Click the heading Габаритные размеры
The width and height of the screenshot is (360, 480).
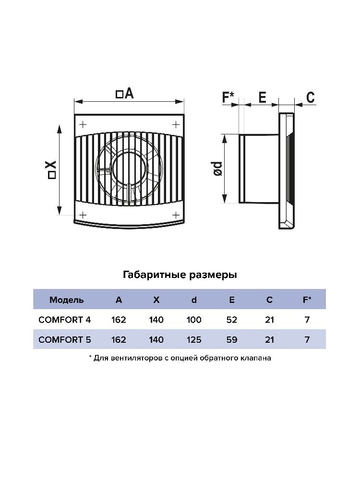[x=180, y=275]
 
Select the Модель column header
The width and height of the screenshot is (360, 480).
[x=67, y=300]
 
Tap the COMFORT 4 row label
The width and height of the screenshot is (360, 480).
[x=64, y=320]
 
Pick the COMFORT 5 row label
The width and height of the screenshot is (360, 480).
[x=64, y=340]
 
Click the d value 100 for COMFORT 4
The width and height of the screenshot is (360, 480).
[x=194, y=320]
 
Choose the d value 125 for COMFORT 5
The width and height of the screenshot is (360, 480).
[x=194, y=340]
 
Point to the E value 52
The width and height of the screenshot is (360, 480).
[x=231, y=320]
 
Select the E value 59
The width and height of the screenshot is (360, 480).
[x=231, y=340]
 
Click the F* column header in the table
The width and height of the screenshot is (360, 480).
[x=307, y=300]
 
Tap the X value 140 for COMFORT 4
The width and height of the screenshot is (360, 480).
[x=156, y=320]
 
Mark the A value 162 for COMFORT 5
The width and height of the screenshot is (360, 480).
[x=119, y=340]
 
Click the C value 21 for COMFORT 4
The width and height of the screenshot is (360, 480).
[x=269, y=320]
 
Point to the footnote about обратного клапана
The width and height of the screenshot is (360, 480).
[x=180, y=358]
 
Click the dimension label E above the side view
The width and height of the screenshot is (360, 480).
[x=262, y=97]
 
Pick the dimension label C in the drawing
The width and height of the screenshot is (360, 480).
[x=311, y=97]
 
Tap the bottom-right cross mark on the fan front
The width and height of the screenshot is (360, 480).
[x=176, y=214]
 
